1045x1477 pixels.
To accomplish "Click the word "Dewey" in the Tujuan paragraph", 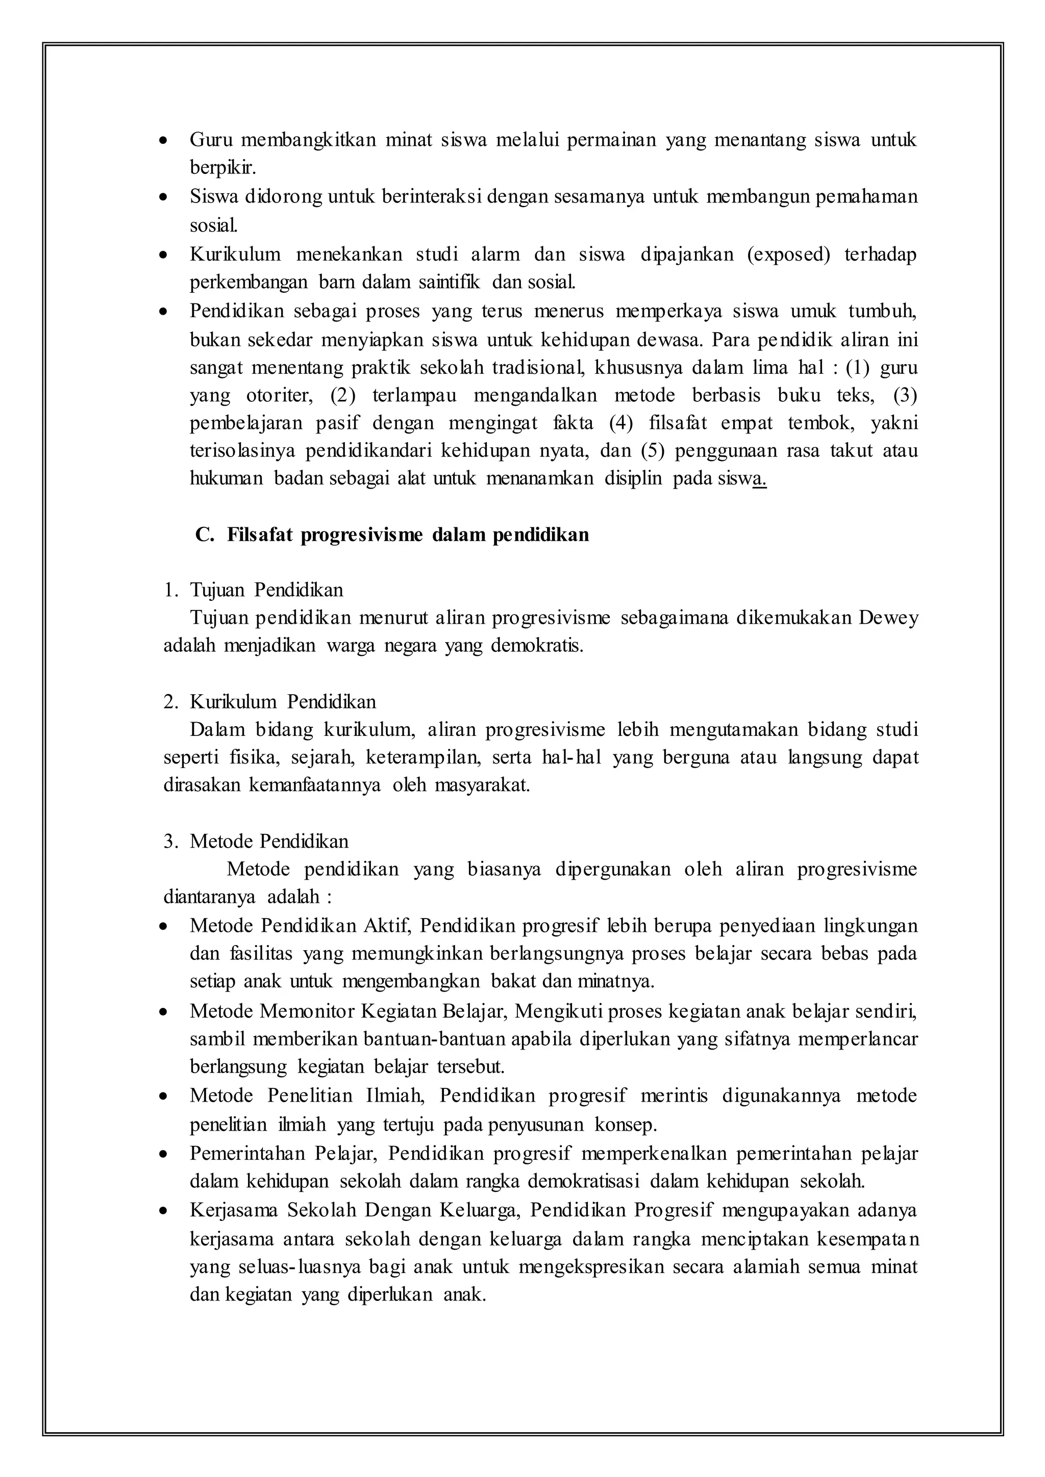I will (889, 618).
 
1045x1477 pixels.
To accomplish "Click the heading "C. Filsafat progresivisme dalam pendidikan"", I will (392, 534).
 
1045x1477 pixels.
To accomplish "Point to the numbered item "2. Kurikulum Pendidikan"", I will (269, 701).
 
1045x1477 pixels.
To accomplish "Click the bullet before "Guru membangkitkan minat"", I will (165, 140).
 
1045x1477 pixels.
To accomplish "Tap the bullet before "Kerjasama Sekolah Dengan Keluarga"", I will (165, 1211).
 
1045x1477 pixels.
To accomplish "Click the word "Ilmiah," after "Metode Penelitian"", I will (394, 1096).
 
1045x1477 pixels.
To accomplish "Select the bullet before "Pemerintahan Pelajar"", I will (165, 1155).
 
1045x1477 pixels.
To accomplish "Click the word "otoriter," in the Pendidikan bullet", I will (279, 394).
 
